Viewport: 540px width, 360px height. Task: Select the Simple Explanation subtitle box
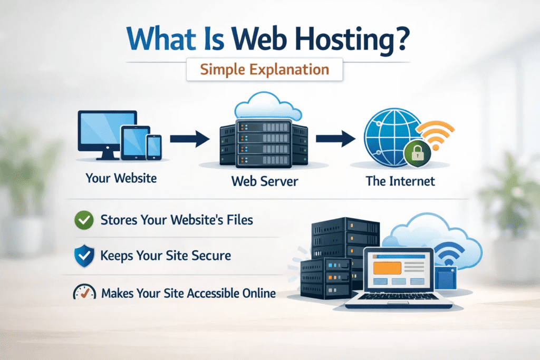pyautogui.click(x=265, y=70)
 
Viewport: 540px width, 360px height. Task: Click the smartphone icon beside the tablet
pyautogui.click(x=153, y=146)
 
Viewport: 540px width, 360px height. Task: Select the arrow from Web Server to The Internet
pyautogui.click(x=334, y=140)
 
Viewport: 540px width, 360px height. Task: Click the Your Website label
pyautogui.click(x=121, y=178)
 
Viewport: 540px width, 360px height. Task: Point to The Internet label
pyautogui.click(x=400, y=181)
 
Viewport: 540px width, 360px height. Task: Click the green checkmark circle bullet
pyautogui.click(x=83, y=219)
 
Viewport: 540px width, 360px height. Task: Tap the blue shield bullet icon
pyautogui.click(x=83, y=256)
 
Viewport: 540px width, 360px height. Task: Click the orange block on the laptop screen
pyautogui.click(x=387, y=268)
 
